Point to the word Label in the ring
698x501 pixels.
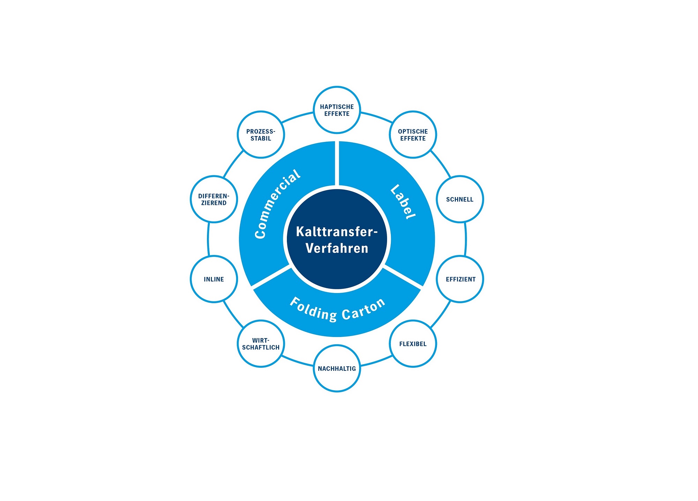(403, 202)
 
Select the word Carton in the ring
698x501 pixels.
(364, 309)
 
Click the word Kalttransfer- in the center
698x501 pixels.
(337, 232)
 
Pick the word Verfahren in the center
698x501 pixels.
(337, 248)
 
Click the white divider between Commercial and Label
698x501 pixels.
(337, 163)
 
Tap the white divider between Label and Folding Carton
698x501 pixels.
(403, 278)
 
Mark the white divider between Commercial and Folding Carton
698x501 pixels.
(271, 278)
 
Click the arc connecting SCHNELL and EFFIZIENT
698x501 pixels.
(466, 239)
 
